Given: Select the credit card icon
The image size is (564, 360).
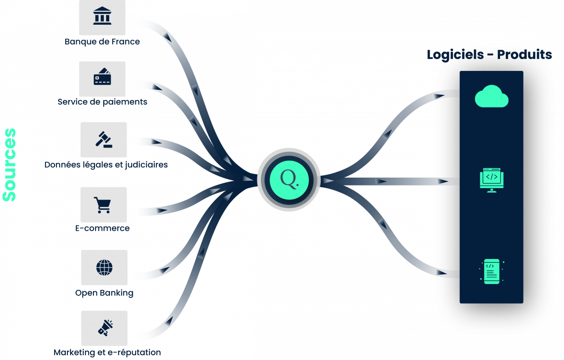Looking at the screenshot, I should pos(102,77).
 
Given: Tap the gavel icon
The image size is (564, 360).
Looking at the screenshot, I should pos(104,139).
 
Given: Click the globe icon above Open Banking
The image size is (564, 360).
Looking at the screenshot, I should pos(104,267).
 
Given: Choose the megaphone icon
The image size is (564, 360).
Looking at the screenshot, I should pos(105,328).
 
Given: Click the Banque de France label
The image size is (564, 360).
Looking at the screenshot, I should pos(102,42).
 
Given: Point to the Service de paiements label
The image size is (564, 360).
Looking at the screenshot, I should pos(102,102).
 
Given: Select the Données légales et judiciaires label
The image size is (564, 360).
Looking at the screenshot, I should pos(106,165).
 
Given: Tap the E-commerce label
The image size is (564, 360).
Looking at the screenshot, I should pos(103,228).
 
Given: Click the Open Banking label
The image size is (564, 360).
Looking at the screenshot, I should pos(104,293).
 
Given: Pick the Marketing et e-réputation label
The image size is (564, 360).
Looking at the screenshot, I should pos(107,353).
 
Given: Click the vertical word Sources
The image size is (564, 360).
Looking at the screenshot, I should pos(9,165).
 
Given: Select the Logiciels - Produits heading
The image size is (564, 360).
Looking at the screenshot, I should pos(489,55).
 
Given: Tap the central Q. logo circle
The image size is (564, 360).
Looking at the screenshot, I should pos(289,180).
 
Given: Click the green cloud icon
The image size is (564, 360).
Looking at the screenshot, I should pos(491,96).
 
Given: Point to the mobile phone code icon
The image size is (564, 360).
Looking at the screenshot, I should pos(491,271).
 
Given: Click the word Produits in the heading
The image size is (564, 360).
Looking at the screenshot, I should pos(524,55).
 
